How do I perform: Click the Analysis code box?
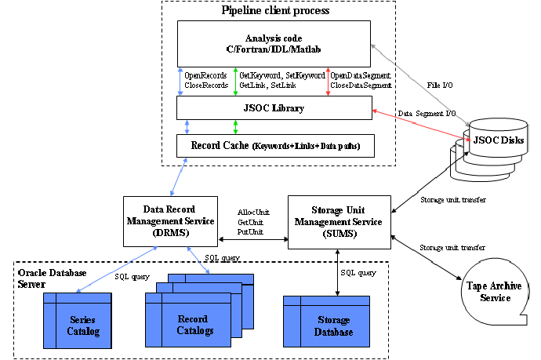point(273,42)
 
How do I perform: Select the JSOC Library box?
point(274,107)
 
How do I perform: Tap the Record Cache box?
point(274,145)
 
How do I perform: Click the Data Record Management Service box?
point(169,223)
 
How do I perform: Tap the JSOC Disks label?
point(497,139)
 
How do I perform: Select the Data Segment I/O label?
point(428,115)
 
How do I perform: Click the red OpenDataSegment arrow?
point(328,81)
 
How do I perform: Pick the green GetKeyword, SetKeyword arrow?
point(236,81)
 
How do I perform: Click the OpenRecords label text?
point(206,75)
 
